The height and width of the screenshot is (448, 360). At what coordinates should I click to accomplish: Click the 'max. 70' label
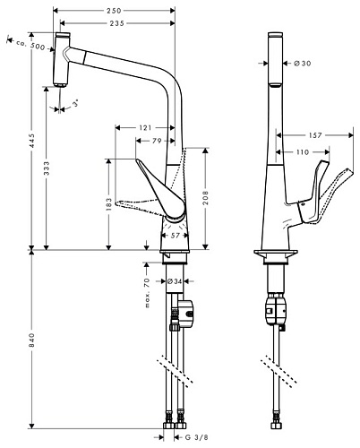point(146,288)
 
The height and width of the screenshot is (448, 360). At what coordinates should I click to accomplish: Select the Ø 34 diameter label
point(176,280)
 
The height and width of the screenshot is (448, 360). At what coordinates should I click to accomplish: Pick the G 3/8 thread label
point(209,436)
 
